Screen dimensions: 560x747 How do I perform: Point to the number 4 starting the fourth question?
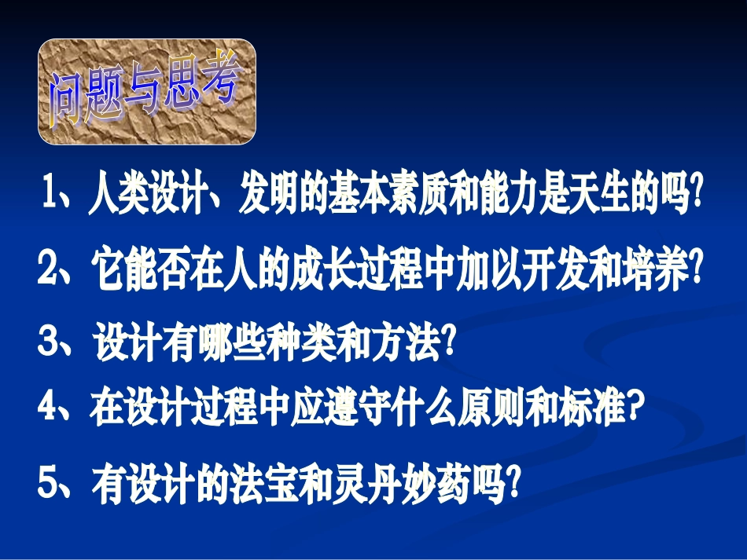click(x=50, y=408)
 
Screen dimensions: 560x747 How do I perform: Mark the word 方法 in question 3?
click(x=406, y=343)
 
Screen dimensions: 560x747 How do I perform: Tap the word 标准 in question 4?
click(x=594, y=409)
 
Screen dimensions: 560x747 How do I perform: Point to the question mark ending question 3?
click(x=450, y=343)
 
